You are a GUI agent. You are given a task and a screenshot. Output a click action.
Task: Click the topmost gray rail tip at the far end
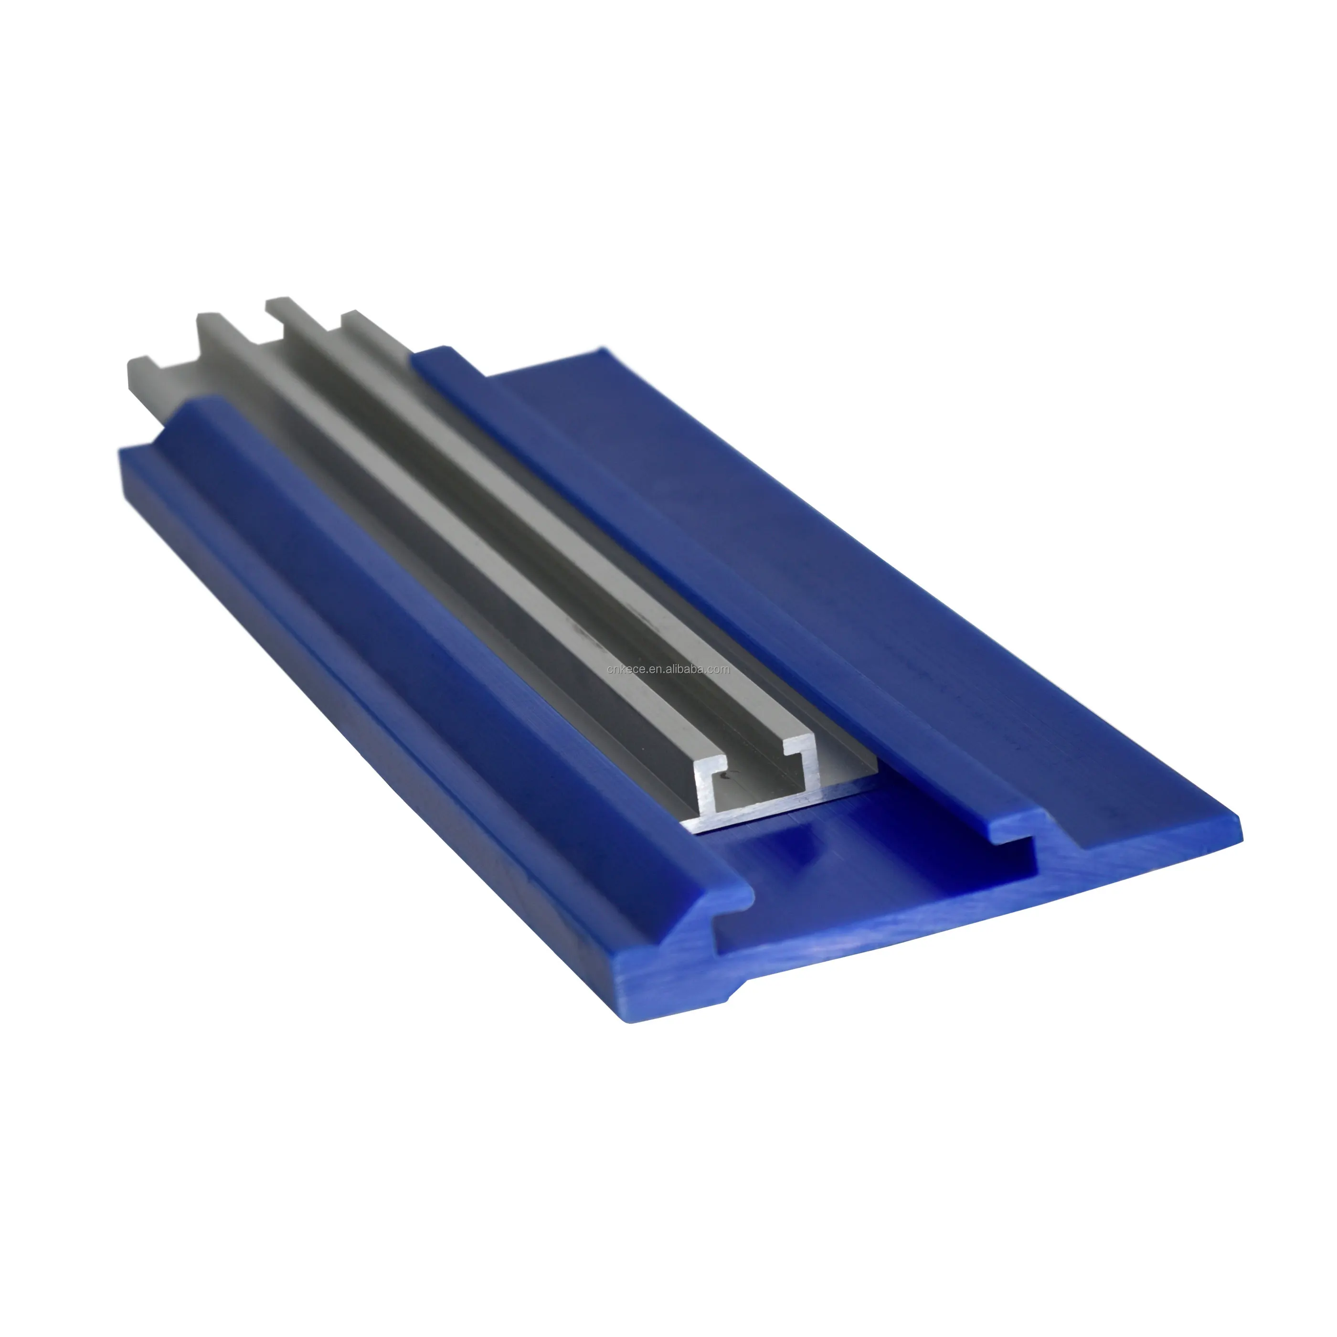pos(277,302)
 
